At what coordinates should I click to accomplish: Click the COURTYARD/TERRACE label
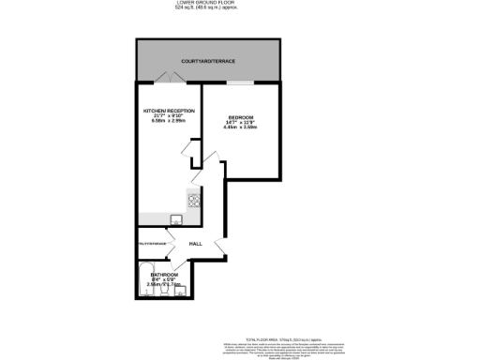click(209, 61)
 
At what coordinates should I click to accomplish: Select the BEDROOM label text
click(241, 117)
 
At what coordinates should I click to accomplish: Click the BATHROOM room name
click(164, 275)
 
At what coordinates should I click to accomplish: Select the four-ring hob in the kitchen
click(195, 199)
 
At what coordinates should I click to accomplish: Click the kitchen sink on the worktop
click(175, 220)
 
